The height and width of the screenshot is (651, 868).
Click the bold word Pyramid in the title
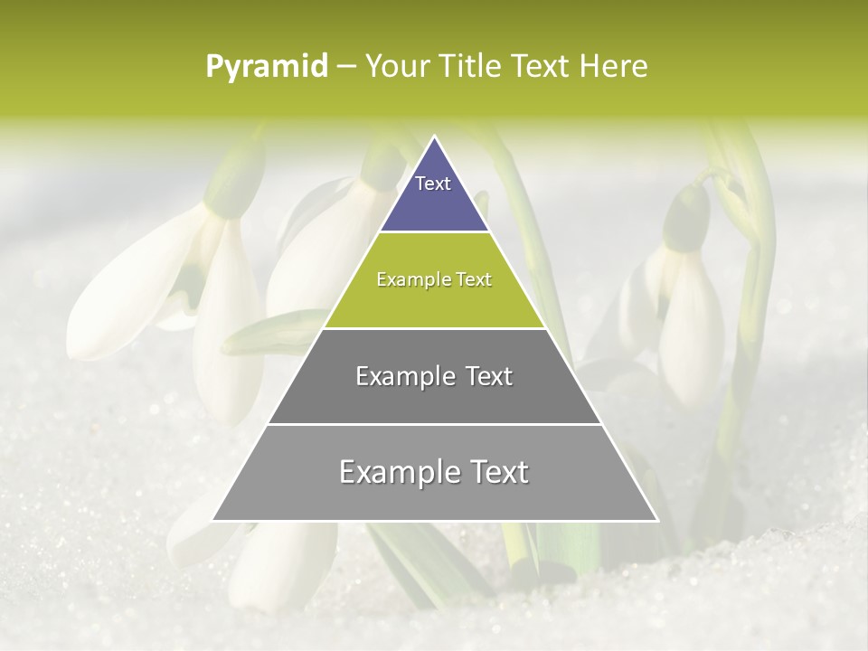266,67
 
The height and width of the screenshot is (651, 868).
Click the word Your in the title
396,67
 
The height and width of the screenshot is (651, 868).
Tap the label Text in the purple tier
433,184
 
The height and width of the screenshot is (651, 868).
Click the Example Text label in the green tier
434,279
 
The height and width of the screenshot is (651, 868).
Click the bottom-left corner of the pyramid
214,519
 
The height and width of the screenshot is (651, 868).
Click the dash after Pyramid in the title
346,67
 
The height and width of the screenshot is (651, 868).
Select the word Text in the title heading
543,67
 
